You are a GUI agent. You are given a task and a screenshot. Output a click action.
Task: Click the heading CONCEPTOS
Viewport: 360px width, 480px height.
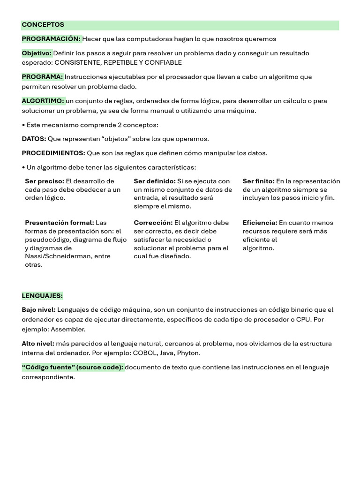pos(43,24)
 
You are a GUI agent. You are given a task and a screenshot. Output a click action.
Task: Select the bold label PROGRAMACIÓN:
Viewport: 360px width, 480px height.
pos(52,39)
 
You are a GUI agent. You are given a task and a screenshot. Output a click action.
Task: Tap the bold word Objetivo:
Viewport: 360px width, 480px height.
pos(37,53)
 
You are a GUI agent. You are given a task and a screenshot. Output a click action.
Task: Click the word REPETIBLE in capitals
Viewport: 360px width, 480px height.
pos(121,62)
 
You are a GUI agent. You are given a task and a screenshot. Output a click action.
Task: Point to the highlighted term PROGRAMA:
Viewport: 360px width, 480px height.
pos(42,77)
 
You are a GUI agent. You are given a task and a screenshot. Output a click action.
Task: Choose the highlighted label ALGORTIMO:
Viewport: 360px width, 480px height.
pos(43,101)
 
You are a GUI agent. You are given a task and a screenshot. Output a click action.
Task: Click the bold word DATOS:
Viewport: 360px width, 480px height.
pos(34,139)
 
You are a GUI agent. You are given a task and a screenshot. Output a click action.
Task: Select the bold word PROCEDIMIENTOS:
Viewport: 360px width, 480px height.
pos(53,153)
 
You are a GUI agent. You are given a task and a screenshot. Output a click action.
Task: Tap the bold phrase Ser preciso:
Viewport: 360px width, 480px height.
pos(44,181)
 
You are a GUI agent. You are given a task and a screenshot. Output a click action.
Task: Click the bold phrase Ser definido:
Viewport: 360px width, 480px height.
pos(154,181)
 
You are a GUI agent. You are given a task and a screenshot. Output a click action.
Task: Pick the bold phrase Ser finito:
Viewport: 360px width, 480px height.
pos(258,181)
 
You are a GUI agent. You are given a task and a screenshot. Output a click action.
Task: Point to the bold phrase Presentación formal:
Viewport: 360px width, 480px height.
pos(60,223)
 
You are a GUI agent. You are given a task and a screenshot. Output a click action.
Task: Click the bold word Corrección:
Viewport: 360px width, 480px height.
pos(153,223)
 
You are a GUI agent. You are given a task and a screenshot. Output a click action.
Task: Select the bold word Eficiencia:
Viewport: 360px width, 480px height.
pos(260,223)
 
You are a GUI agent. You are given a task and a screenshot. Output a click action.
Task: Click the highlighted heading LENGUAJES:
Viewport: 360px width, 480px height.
pos(42,296)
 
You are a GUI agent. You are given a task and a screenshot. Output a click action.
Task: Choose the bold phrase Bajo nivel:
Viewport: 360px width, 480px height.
pos(38,310)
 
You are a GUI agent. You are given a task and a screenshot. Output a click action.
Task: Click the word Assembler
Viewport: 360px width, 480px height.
pos(68,330)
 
